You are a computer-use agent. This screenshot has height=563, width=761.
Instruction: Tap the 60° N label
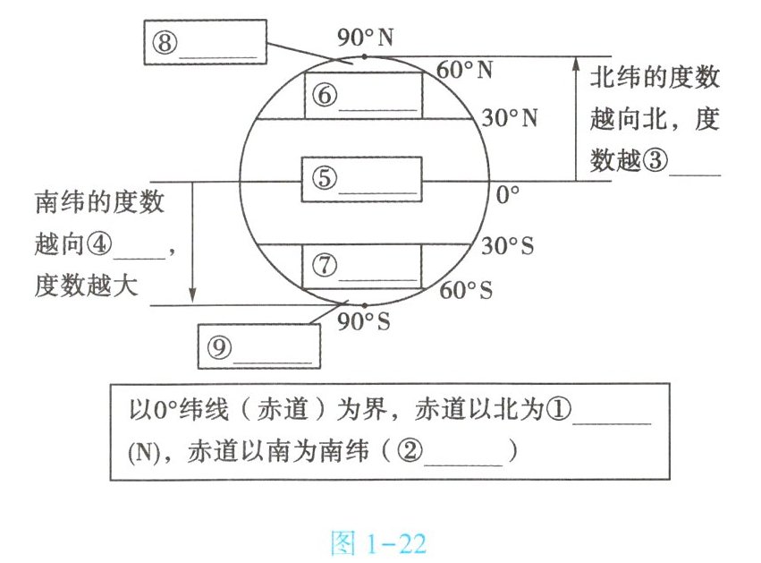[465, 70]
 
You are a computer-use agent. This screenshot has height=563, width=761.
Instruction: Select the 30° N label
[508, 117]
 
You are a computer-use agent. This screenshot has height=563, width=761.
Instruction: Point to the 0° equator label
[508, 193]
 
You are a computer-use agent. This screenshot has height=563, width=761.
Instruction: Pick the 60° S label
[467, 290]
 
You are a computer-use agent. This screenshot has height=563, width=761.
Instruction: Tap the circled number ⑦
[325, 266]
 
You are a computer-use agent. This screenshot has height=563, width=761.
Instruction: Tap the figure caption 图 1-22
[378, 542]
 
